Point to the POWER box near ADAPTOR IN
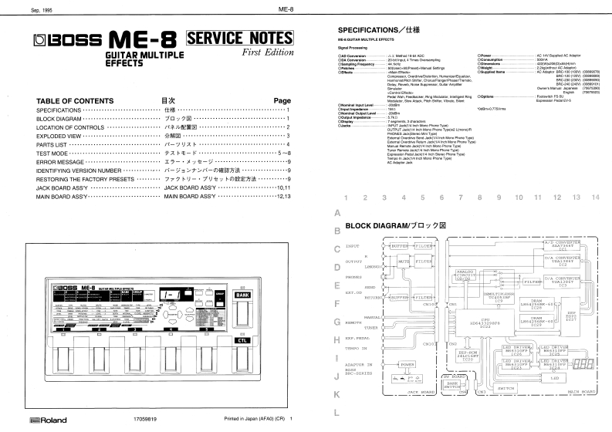pyautogui.click(x=407, y=364)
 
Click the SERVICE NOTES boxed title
pyautogui.click(x=240, y=38)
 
